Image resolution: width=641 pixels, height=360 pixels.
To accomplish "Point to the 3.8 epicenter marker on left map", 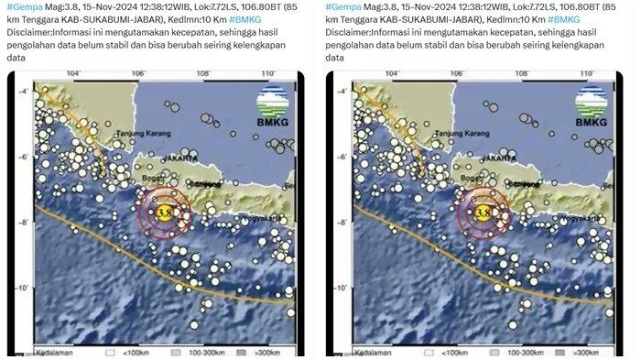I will point(164,213).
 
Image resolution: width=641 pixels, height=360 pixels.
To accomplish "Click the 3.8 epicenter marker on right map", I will point(483,213).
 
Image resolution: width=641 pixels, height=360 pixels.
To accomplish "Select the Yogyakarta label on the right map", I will point(561,219).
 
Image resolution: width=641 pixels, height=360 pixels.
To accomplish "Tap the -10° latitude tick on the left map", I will point(19,288).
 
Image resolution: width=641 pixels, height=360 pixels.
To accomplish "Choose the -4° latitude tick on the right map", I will point(339,89).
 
